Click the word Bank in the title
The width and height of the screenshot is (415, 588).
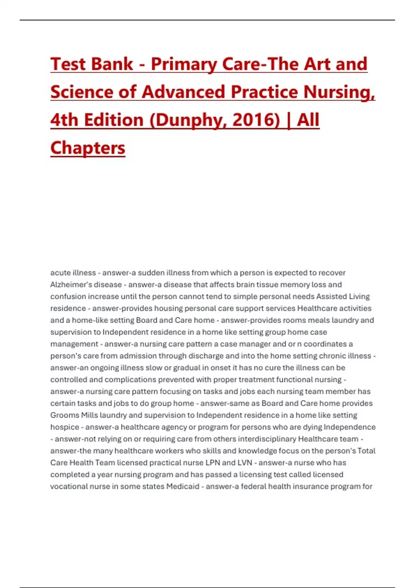pos(111,64)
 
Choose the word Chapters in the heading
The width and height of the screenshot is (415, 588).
pos(88,148)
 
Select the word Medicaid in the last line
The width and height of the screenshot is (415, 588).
pos(183,487)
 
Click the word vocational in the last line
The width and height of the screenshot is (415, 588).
pos(69,487)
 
